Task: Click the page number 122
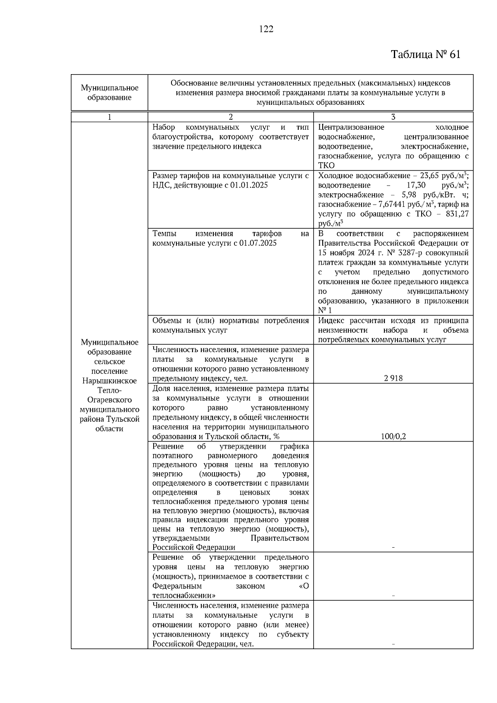point(266,29)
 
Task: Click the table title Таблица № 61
point(425,55)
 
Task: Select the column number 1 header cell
point(109,117)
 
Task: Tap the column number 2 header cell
point(231,117)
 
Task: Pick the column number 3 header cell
point(393,117)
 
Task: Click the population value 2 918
point(393,378)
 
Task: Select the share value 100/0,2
point(393,437)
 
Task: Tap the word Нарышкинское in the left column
point(109,381)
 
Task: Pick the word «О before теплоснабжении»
point(304,586)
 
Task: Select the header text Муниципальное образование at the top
point(109,93)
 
